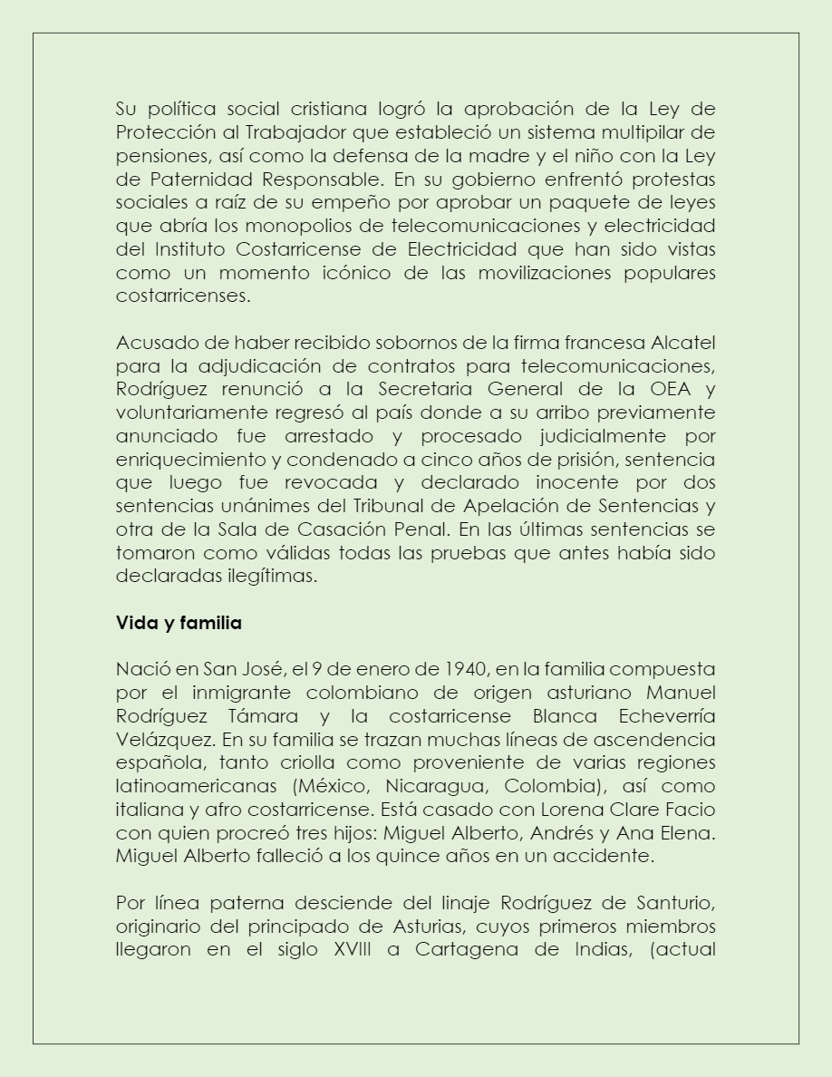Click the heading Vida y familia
pyautogui.click(x=179, y=623)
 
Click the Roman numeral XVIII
pyautogui.click(x=359, y=949)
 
